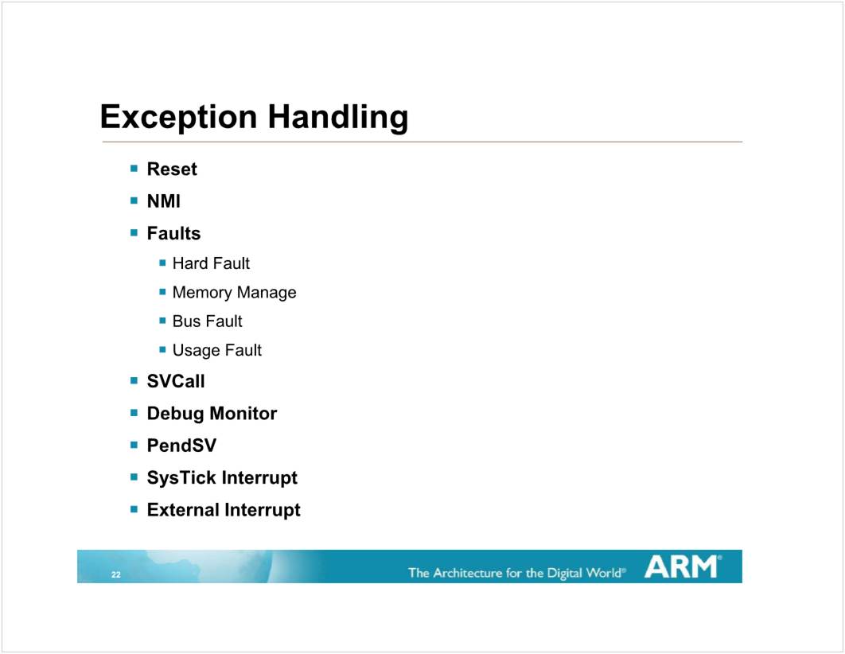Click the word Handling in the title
coord(338,118)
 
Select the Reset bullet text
coord(172,169)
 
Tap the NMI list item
coord(164,201)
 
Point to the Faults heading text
coord(173,233)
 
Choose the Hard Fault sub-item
coord(211,263)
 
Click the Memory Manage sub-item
coord(235,293)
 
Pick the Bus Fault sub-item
coord(207,321)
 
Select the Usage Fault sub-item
coord(216,351)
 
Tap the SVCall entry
coord(176,381)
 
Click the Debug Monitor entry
coord(212,414)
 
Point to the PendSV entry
coord(181,446)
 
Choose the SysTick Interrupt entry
coord(222,478)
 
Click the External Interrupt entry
coord(224,510)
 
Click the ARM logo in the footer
coord(683,566)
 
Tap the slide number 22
coord(116,574)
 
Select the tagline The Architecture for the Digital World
coord(517,573)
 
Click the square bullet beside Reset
coord(134,169)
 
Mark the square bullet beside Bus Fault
coord(163,321)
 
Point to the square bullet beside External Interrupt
coord(134,509)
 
